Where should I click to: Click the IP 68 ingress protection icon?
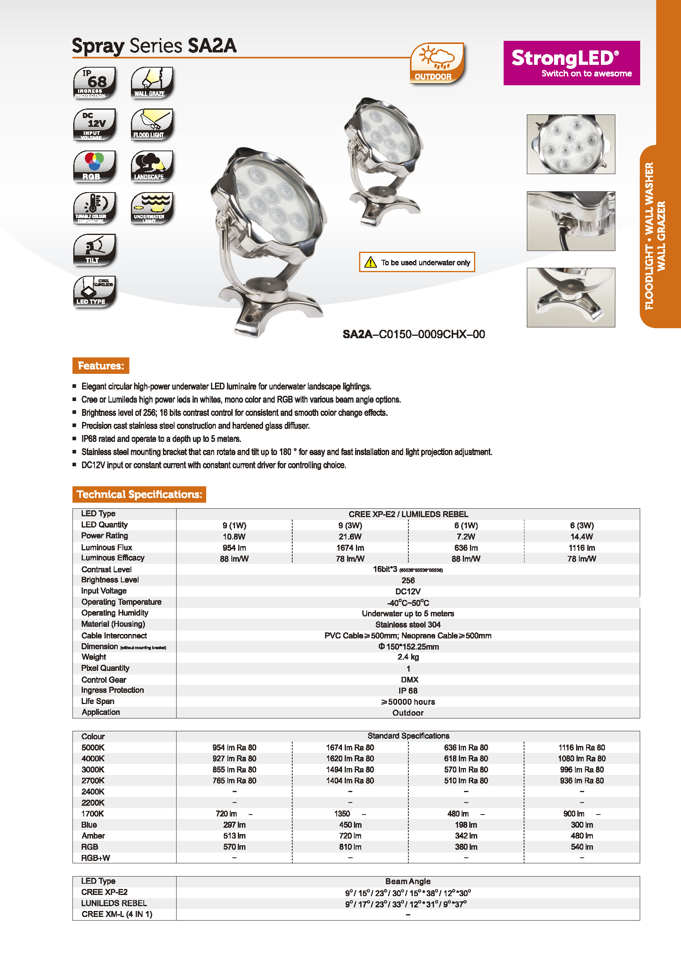(94, 83)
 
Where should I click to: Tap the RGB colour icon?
(94, 167)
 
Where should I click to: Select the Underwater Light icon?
(151, 208)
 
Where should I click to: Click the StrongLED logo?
(571, 63)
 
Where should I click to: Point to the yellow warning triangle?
(370, 263)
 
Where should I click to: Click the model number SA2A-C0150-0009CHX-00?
(414, 334)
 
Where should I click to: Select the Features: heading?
(100, 365)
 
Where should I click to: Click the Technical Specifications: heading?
(139, 494)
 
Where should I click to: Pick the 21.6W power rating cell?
(350, 537)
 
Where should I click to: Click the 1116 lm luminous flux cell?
(582, 548)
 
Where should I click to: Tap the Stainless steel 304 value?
(408, 625)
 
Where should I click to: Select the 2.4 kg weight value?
(408, 657)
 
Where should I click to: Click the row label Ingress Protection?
(112, 690)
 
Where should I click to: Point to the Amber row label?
(93, 835)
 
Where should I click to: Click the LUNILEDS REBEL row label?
(114, 903)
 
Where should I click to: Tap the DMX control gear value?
(409, 680)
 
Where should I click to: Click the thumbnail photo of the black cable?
(571, 221)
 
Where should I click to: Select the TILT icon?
(94, 250)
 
